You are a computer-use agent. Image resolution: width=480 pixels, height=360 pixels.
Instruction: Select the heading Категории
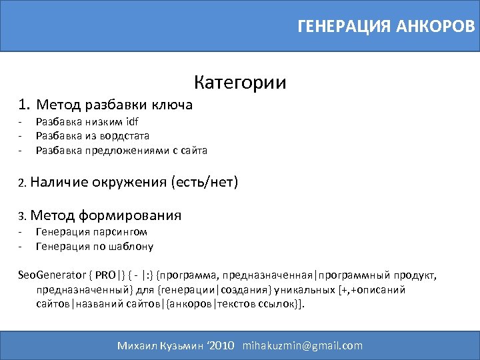[x=240, y=83]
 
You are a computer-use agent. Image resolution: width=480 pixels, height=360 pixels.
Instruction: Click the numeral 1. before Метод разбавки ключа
[x=25, y=104]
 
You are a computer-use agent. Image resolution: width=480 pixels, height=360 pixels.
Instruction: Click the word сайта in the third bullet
[x=193, y=151]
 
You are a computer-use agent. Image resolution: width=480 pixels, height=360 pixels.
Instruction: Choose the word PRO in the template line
[x=105, y=275]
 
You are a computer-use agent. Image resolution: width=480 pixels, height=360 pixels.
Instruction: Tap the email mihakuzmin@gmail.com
[x=303, y=345]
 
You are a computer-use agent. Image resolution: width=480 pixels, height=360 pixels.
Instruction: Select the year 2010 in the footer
[x=221, y=345]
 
